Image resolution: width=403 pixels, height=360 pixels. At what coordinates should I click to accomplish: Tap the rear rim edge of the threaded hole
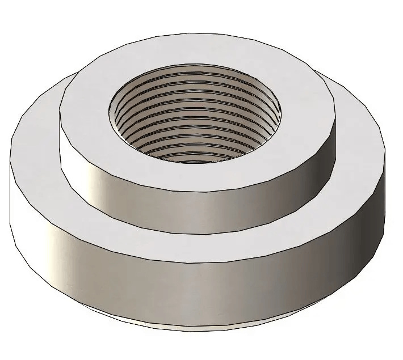pos(196,63)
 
